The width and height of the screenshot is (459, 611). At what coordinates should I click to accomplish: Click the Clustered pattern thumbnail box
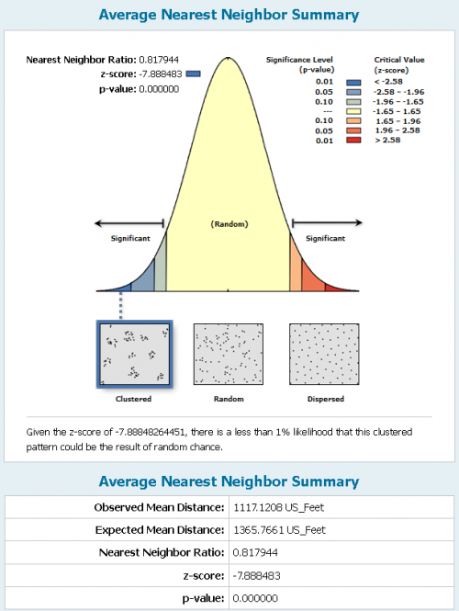pos(134,355)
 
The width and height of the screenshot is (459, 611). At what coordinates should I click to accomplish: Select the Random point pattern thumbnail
pos(229,355)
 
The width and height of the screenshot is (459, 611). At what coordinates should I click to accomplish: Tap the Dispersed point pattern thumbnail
pos(324,355)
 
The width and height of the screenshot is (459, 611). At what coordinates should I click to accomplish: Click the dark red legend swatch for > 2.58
pos(353,141)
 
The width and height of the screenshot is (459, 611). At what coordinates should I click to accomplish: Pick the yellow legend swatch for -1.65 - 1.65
pos(353,111)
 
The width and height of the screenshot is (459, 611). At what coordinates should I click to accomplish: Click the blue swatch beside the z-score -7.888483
pos(193,74)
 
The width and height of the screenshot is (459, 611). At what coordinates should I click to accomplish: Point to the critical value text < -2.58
pos(388,82)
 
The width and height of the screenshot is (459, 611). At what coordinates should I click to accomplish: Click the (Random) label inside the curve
pos(229,224)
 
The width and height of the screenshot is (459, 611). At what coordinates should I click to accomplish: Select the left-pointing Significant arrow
pos(129,223)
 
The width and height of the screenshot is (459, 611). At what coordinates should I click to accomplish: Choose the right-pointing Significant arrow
pos(327,223)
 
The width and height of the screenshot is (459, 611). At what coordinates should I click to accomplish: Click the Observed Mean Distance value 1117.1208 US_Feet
pos(279,507)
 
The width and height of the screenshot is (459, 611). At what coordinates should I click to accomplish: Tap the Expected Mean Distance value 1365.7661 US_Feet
pos(279,530)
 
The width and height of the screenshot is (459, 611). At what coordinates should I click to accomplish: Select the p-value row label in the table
pos(203,598)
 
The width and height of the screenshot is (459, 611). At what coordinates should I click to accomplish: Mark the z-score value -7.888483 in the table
pos(256,575)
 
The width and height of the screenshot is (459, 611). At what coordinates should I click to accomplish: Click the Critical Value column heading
pos(399,64)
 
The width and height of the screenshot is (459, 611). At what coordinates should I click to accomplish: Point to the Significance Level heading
pos(299,64)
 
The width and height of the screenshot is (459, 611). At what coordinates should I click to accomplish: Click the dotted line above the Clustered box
pos(120,306)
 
